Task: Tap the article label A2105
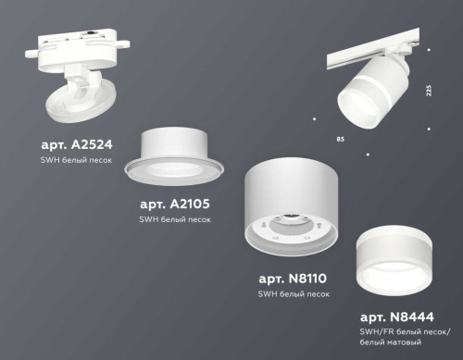coord(174,202)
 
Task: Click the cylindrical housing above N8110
coord(291,194)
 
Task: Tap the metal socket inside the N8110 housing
coord(293,227)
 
